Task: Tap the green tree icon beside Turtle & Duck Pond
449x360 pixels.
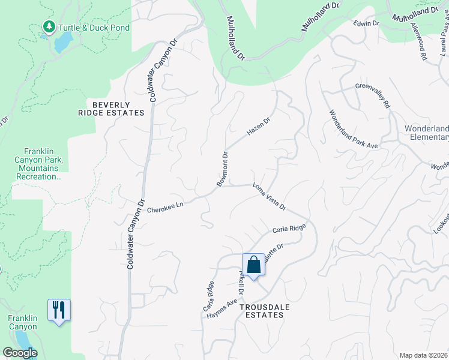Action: pos(49,27)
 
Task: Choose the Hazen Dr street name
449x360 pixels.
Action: pos(259,125)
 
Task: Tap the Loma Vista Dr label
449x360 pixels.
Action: pos(270,196)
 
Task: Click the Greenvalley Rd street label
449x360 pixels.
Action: pos(373,95)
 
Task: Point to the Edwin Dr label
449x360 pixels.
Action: pos(367,23)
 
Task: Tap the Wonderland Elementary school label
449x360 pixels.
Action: pos(427,133)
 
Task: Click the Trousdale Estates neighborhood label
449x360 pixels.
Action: pos(261,311)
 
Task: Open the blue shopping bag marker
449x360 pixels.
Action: pos(253,265)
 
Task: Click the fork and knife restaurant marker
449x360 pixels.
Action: pos(59,310)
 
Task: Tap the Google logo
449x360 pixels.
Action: pos(20,353)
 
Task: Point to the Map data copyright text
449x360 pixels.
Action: pos(424,355)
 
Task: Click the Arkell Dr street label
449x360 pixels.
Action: pos(241,282)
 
